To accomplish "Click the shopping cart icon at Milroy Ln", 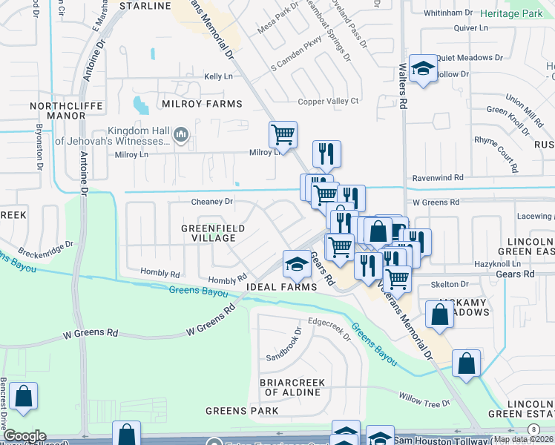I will coord(283,135).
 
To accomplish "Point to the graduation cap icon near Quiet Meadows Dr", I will coord(423,69).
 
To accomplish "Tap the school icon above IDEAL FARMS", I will coord(296,263).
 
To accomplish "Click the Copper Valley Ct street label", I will coord(328,102).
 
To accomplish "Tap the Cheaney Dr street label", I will coord(211,202).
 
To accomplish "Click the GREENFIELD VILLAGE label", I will coord(208,233).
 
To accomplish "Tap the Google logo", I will coord(24,436).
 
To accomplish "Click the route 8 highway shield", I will coord(533,429).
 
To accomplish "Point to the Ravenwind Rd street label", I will coord(438,179).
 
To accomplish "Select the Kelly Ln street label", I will coord(218,76).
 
